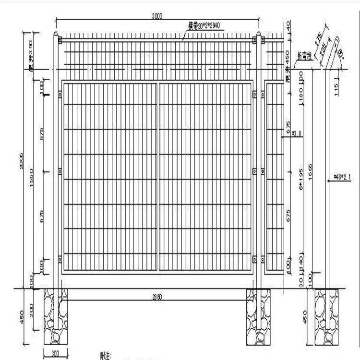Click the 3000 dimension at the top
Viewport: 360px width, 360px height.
(x=156, y=16)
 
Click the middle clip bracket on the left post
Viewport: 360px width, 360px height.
(x=60, y=170)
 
